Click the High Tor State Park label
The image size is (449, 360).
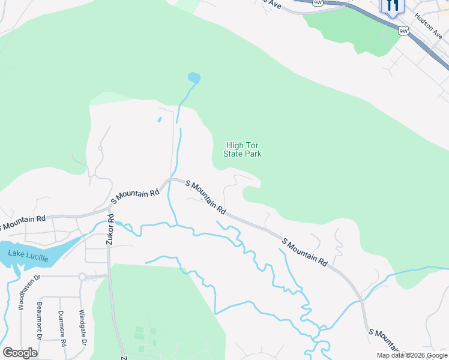[x=243, y=149]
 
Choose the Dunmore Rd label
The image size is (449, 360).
[x=62, y=328]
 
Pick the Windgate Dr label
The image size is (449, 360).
[x=84, y=328]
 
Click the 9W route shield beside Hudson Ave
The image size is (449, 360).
[x=404, y=31]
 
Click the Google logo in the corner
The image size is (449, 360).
[x=20, y=353]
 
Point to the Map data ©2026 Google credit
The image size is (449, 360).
[x=412, y=355]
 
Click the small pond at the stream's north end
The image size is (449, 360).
[x=194, y=77]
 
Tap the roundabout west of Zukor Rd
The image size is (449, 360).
[x=82, y=277]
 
